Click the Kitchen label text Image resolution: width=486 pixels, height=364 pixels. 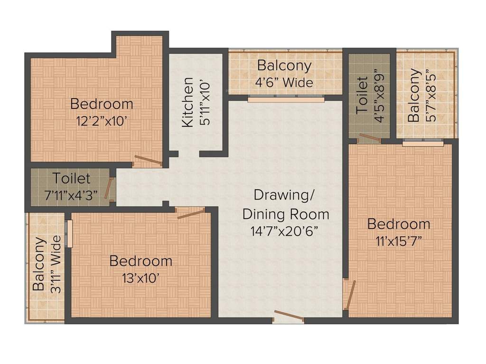[188, 102]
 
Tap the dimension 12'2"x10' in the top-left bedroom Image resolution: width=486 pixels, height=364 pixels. [102, 121]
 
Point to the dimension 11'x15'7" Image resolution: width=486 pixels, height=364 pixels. [399, 241]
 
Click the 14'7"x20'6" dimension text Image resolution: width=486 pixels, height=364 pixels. [284, 231]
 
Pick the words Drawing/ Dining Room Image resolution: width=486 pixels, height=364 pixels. [285, 204]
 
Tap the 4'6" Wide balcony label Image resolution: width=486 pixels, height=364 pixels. [285, 82]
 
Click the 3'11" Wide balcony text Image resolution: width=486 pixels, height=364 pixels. [56, 263]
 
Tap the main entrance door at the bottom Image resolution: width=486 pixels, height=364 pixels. [289, 317]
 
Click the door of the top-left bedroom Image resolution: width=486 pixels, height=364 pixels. [148, 160]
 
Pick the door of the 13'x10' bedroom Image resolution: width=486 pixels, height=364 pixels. [191, 213]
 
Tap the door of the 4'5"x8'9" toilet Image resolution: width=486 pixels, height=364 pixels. [370, 138]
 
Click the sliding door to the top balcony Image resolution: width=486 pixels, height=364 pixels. [286, 100]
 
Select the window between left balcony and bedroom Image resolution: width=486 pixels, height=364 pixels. [69, 233]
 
